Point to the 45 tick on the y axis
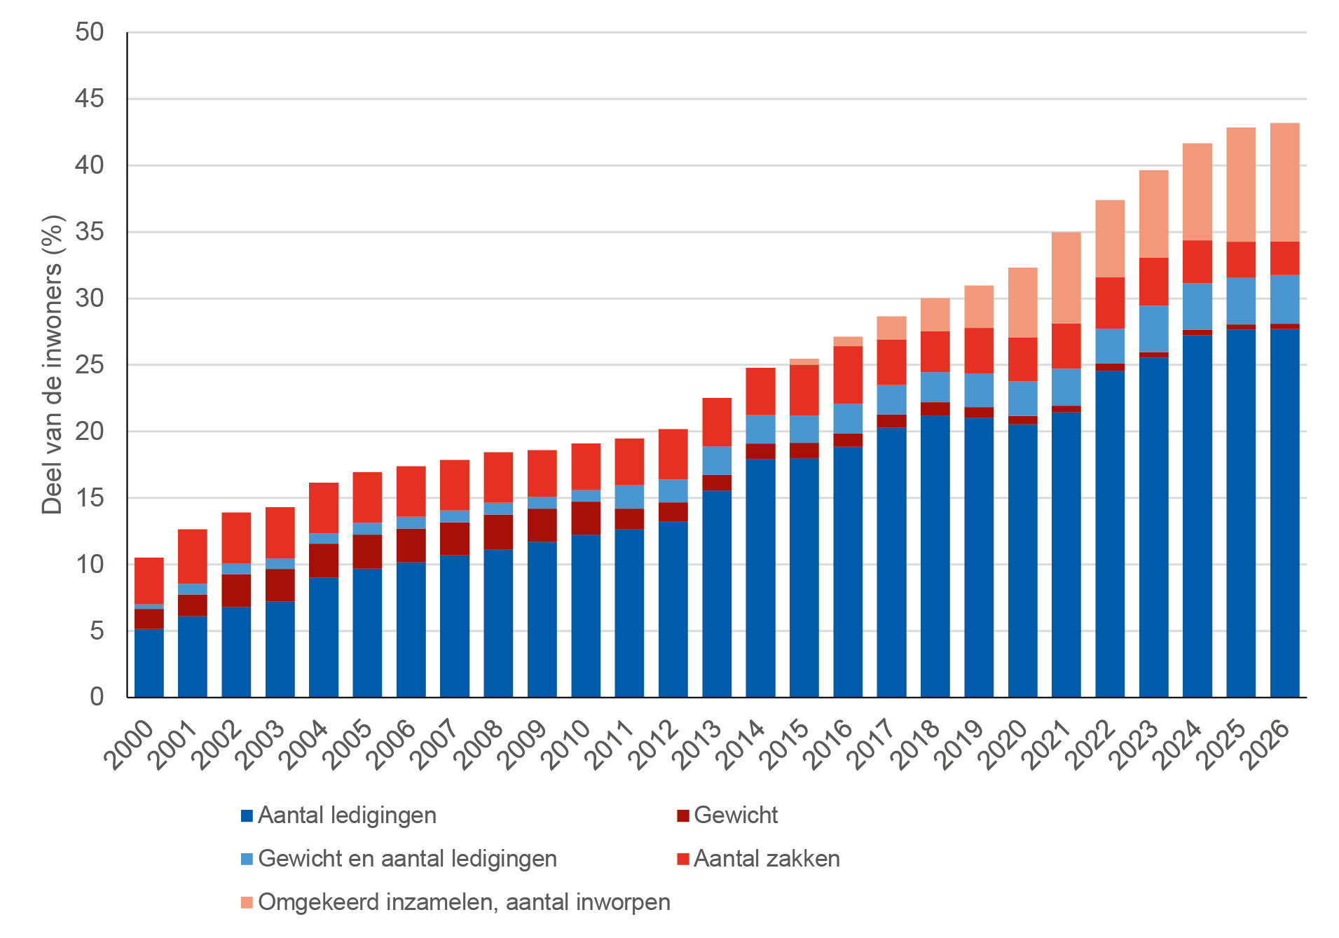[89, 99]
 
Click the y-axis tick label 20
[89, 432]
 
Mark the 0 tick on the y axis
[97, 697]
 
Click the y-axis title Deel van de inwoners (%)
[53, 364]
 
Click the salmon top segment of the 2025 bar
[1241, 184]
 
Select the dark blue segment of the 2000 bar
[149, 663]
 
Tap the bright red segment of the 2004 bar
[324, 508]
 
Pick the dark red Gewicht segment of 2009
[542, 525]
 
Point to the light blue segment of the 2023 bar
[1153, 329]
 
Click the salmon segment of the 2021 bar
[1066, 277]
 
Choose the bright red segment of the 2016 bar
[848, 375]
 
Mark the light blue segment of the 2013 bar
[717, 460]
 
